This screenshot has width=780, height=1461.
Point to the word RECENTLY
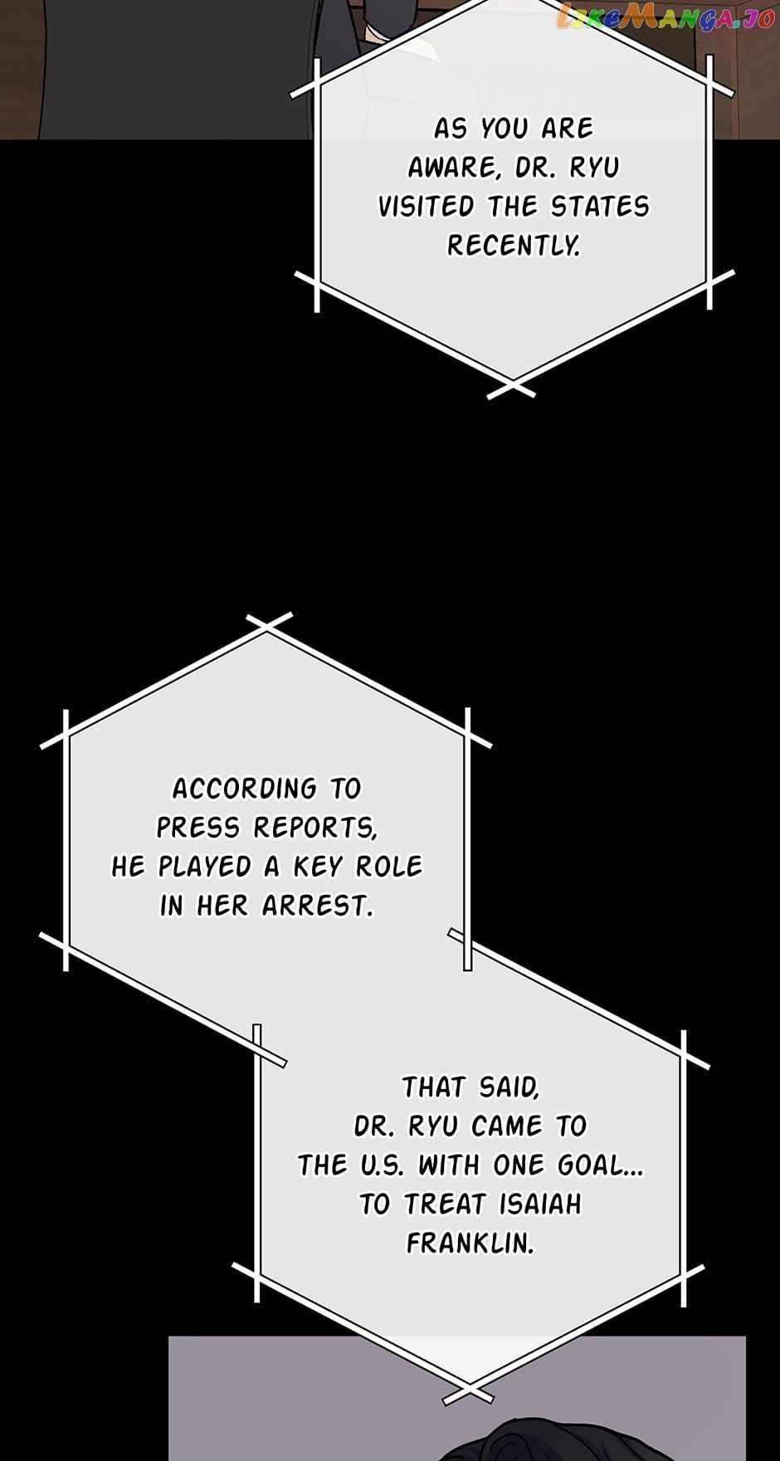tap(514, 246)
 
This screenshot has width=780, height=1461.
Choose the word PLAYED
tap(205, 867)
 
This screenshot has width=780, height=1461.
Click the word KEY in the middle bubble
tap(319, 867)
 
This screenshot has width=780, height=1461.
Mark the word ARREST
tap(317, 906)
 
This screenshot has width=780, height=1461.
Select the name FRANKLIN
tap(470, 1243)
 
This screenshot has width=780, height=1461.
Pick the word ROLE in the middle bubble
tap(389, 867)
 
